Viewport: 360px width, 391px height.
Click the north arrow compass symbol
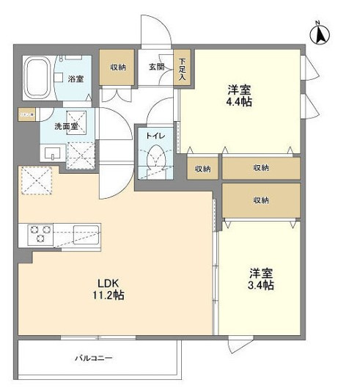320,34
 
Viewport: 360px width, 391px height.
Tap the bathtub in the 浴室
37,78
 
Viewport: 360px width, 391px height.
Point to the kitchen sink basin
86,235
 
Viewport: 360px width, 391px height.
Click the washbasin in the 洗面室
52,153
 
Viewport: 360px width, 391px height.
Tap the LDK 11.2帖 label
109,289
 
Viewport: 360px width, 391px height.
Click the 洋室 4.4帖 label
239,95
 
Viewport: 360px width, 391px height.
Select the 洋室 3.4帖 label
261,279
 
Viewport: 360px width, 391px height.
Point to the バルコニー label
94,358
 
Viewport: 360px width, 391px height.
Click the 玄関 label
157,67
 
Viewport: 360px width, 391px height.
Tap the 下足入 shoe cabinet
183,69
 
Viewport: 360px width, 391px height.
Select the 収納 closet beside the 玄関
117,67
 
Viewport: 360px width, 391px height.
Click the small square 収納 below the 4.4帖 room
202,169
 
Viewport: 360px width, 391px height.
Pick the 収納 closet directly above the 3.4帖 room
261,200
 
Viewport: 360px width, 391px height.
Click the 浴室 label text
76,79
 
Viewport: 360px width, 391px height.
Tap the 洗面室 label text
66,126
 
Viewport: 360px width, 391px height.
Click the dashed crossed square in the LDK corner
37,180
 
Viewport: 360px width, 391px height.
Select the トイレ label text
155,136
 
